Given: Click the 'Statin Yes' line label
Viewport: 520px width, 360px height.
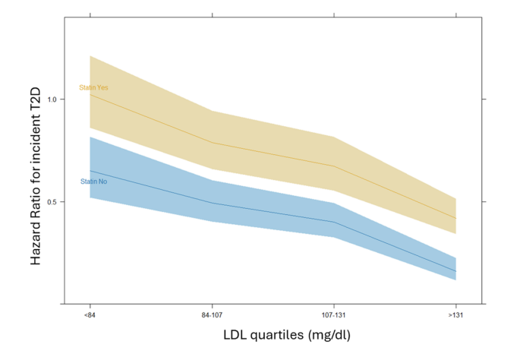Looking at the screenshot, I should click(x=93, y=88).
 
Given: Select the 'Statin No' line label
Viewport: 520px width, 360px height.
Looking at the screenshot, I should click(x=93, y=182).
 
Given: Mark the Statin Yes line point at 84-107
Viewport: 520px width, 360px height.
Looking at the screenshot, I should click(x=212, y=143).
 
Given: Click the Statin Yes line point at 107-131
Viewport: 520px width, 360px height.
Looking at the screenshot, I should click(x=333, y=166).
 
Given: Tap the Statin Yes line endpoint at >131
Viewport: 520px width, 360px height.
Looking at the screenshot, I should click(x=455, y=218).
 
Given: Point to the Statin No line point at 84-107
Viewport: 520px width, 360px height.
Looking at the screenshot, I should click(x=212, y=203).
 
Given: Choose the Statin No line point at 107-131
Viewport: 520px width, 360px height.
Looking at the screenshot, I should click(x=333, y=222).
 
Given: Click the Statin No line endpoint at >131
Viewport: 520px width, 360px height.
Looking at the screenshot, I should click(x=455, y=271).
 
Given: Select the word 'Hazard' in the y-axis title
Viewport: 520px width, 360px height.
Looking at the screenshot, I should click(x=36, y=244).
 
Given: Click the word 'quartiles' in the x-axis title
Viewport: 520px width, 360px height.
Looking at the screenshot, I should click(x=276, y=335).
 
